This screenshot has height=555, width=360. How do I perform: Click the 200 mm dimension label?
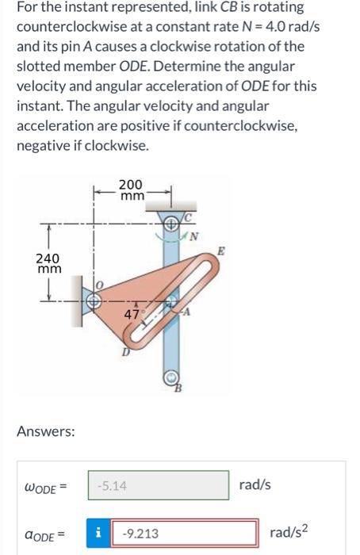[x=132, y=191]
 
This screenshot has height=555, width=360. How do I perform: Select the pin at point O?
[x=93, y=301]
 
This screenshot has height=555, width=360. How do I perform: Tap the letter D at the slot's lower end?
[x=124, y=354]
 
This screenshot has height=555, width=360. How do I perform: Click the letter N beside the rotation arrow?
[x=201, y=235]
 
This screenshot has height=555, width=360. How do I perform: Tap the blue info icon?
[x=102, y=534]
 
